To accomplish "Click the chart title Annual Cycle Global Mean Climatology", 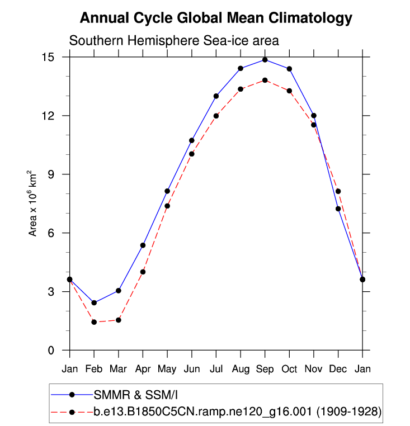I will (x=216, y=18).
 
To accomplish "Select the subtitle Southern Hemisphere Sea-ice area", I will (x=173, y=41).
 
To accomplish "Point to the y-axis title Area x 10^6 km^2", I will (x=33, y=203).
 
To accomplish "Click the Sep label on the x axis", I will (x=265, y=369).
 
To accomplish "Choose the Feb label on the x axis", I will (x=94, y=369).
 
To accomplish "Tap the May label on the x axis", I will (x=167, y=369).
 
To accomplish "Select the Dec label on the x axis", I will (x=338, y=369).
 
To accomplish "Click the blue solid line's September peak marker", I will (x=265, y=60).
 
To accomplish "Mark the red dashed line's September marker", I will (x=265, y=80).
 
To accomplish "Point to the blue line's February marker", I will (x=94, y=302).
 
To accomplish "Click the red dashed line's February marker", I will (x=94, y=322).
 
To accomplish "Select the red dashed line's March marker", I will (x=119, y=320).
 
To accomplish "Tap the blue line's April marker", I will (x=143, y=245).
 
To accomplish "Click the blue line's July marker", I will (x=216, y=96).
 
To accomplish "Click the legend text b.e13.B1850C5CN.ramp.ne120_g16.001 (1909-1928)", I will (x=237, y=413).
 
